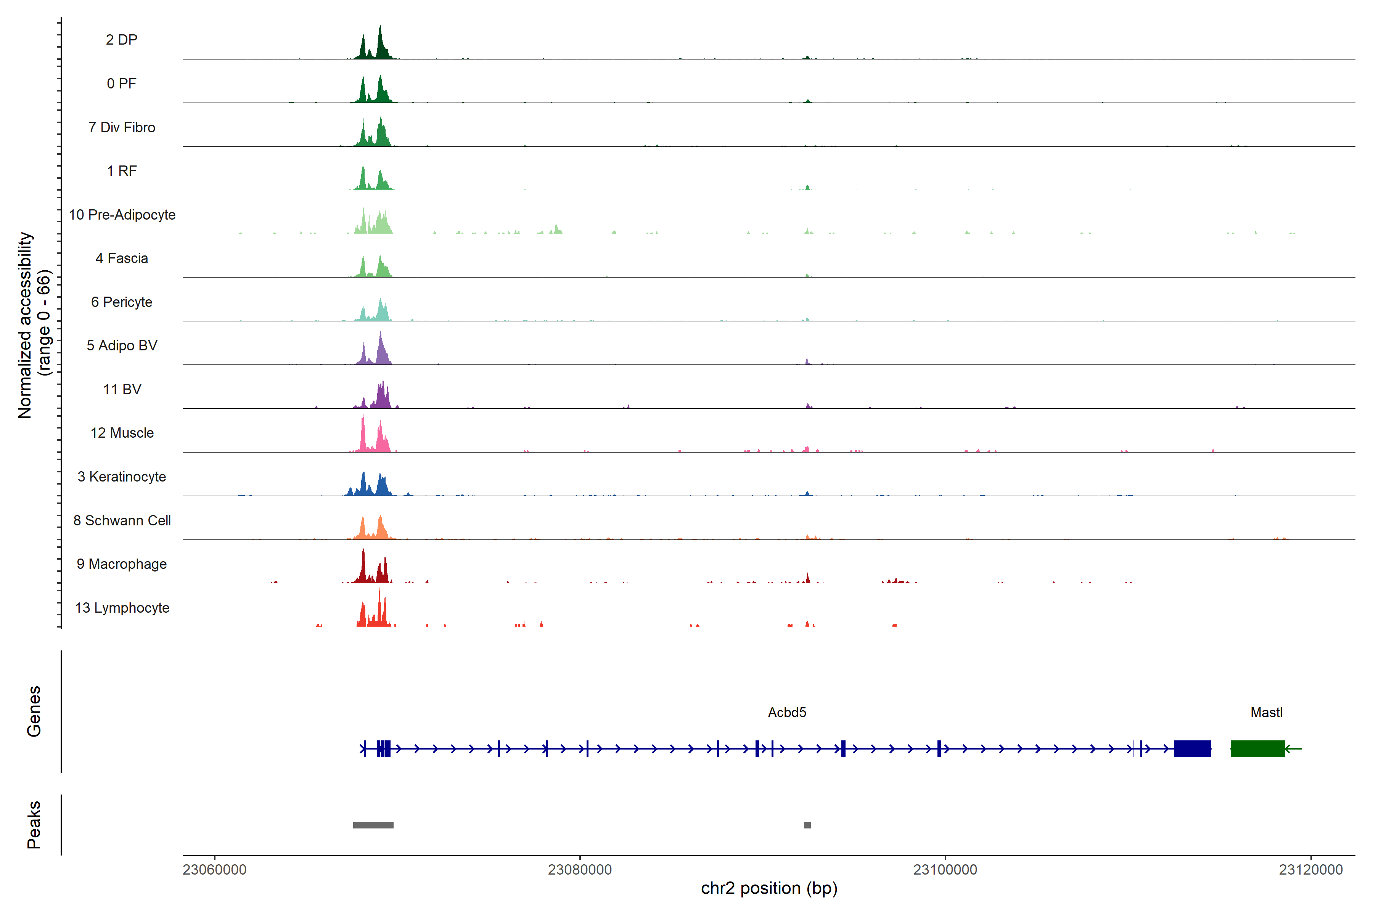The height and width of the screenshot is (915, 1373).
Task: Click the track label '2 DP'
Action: [x=121, y=40]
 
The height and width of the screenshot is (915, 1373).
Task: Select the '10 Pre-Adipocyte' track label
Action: [x=122, y=215]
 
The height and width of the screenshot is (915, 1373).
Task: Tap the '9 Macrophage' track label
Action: [x=121, y=564]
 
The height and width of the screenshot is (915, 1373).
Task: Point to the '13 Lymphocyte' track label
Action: [x=122, y=608]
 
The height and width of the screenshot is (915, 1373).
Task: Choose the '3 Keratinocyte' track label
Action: [x=121, y=477]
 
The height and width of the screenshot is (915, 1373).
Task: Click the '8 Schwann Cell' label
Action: [x=122, y=520]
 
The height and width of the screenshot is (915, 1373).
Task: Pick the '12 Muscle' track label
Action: [x=122, y=433]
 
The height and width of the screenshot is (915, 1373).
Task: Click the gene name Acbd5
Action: [x=786, y=713]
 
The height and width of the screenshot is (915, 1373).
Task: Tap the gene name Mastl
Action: [x=1266, y=713]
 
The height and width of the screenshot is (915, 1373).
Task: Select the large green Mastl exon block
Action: [x=1257, y=749]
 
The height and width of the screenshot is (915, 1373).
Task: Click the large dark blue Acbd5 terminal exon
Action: [x=1192, y=749]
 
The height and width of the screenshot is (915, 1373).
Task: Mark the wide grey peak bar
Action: [x=373, y=825]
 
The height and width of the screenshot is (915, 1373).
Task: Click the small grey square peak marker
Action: [x=807, y=825]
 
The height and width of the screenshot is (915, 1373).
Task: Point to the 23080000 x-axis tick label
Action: [x=580, y=870]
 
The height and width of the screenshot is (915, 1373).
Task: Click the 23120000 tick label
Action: [x=1310, y=870]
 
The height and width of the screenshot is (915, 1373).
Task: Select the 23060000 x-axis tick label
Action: [x=214, y=870]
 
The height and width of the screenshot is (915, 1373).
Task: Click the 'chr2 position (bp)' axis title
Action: [x=769, y=889]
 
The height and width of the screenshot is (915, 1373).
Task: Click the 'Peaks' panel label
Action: [x=34, y=825]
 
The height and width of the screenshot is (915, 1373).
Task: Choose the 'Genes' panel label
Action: [x=34, y=711]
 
